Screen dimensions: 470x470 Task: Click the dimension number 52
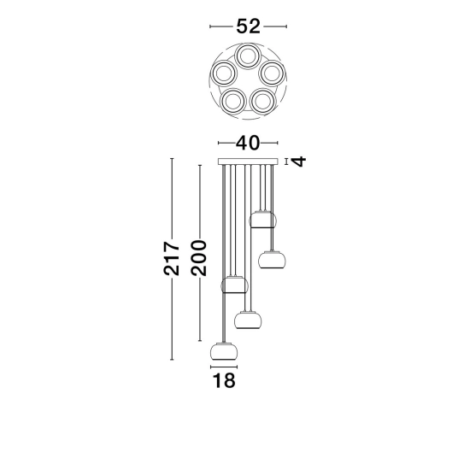(x=248, y=26)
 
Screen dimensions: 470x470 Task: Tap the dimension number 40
(x=248, y=143)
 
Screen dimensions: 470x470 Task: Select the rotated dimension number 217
(x=172, y=258)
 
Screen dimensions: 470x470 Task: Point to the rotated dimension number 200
(x=199, y=258)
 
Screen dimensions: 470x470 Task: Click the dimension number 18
(x=224, y=380)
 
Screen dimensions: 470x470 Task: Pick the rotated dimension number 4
(x=299, y=162)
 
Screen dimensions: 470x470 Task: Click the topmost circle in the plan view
(x=248, y=56)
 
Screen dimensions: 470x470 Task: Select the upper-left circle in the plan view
(x=224, y=73)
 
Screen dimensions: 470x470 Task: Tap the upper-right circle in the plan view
(x=272, y=73)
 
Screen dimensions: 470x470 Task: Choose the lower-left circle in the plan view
(x=233, y=101)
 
